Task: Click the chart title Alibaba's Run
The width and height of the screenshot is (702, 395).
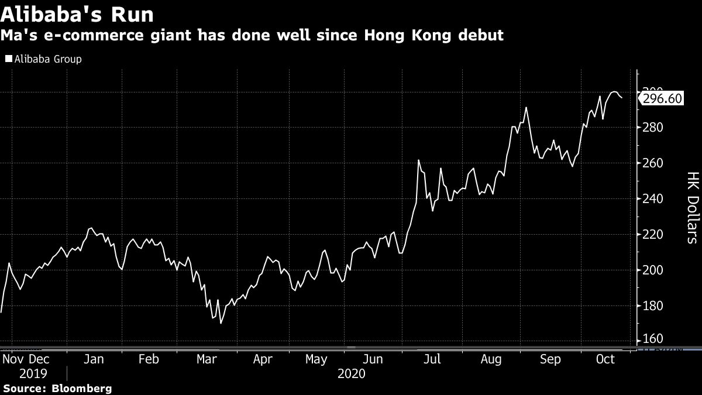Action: [x=78, y=13]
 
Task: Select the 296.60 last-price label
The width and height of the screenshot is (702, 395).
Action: [x=662, y=98]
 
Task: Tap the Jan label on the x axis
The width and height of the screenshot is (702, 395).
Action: [x=94, y=359]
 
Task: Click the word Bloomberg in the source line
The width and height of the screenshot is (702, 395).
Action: [x=82, y=388]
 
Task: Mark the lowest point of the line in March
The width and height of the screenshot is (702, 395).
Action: [x=221, y=323]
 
